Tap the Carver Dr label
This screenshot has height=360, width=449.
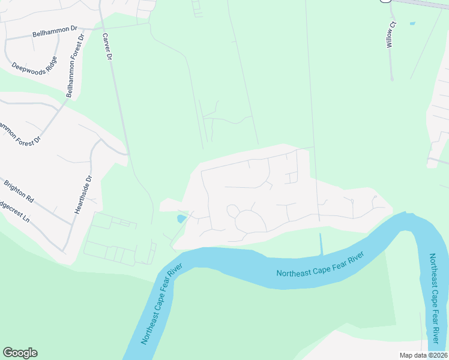click(109, 47)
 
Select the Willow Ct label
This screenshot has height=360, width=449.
click(391, 34)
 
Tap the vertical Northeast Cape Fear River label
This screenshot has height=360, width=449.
click(436, 302)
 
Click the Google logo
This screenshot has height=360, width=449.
click(20, 353)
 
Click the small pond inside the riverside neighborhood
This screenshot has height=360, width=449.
click(181, 218)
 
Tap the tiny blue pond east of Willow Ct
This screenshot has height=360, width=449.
click(412, 24)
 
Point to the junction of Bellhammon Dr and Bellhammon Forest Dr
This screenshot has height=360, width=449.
click(83, 29)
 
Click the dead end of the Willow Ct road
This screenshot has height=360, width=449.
click(392, 79)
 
